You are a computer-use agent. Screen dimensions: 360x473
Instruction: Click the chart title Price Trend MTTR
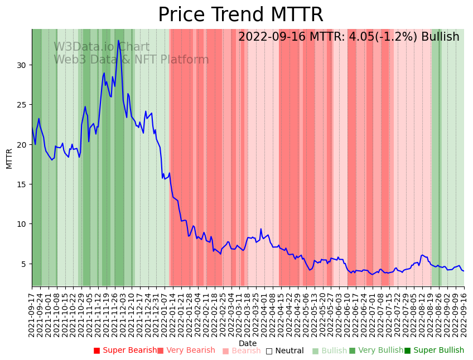click(240, 15)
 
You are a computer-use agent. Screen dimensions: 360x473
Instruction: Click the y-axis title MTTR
click(9, 158)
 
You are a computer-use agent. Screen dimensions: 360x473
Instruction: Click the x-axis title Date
click(248, 343)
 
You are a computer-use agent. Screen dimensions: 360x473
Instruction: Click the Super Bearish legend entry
click(126, 351)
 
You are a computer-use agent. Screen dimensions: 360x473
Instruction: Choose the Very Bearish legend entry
click(186, 351)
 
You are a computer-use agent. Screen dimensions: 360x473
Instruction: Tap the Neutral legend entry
click(285, 351)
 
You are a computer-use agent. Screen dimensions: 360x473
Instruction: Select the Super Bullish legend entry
click(435, 351)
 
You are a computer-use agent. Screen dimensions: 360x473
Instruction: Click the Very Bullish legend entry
click(377, 351)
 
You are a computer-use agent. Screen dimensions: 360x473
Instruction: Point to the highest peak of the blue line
click(118, 40)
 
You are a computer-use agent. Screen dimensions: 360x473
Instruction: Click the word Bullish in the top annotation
click(440, 37)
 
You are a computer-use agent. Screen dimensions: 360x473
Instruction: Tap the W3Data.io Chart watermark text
click(102, 47)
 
